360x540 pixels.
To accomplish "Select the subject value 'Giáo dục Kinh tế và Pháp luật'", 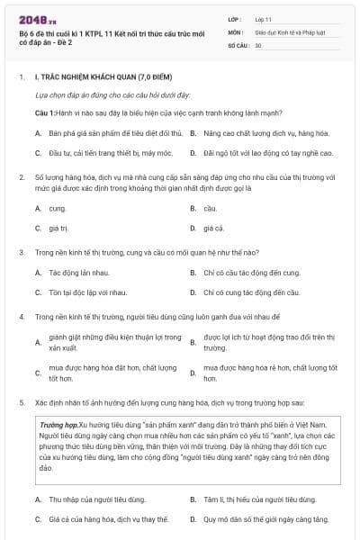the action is pos(288,31).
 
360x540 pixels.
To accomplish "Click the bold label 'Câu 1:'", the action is pos(46,112).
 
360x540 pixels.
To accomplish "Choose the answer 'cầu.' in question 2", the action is pos(211,208).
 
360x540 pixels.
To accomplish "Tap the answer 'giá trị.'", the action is pos(59,229).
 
